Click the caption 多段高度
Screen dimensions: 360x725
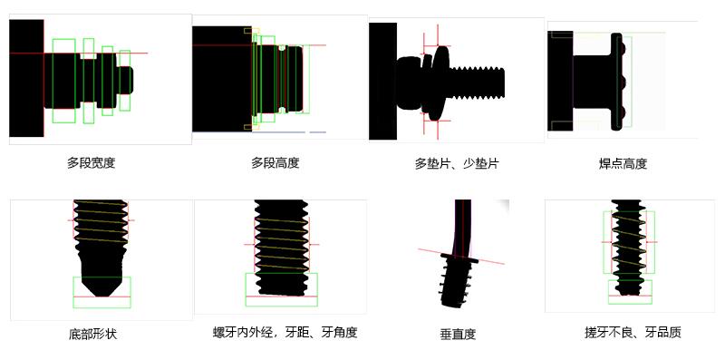(x=275, y=163)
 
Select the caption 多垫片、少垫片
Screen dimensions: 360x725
(x=457, y=164)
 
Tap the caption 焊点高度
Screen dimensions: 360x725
(x=623, y=164)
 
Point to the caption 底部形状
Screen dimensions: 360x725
(x=92, y=334)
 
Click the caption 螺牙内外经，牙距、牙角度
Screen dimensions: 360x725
(x=285, y=333)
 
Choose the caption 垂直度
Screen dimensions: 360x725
(x=458, y=334)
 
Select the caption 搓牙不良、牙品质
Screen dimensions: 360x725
(x=633, y=333)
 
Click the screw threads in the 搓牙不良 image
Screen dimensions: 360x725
(x=627, y=245)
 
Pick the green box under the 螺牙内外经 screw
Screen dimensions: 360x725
(x=281, y=289)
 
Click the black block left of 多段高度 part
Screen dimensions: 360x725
(x=220, y=79)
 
